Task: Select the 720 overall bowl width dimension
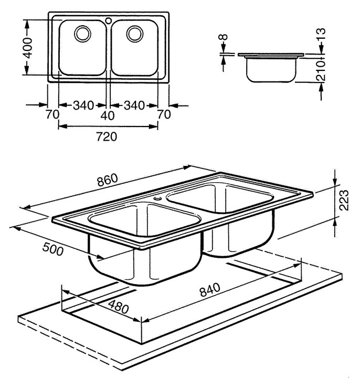point(107,137)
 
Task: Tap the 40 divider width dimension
point(108,114)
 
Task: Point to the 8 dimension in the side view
point(223,39)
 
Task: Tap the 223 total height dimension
point(344,200)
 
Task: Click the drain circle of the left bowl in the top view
point(82,34)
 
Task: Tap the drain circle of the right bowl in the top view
point(134,34)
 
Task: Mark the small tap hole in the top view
point(108,21)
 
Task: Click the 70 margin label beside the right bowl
point(164,114)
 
